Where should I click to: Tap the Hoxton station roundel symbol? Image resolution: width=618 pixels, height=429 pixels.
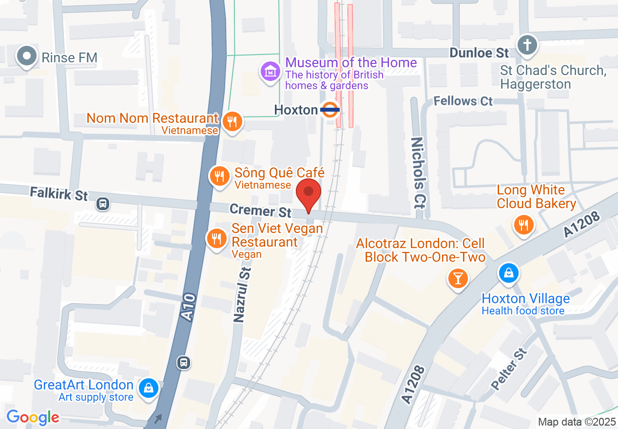pos(330,110)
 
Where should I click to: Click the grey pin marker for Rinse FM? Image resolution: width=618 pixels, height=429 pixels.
pos(27,57)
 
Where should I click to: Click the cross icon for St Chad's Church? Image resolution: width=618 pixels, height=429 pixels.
pos(527,45)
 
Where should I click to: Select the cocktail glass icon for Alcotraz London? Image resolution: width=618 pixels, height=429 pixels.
pos(458,278)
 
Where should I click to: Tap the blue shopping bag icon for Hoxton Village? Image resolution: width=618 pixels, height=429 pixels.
pos(508,273)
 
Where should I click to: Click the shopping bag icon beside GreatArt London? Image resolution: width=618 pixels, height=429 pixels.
pos(147,389)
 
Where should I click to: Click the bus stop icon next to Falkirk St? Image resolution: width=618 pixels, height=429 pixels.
pos(103,203)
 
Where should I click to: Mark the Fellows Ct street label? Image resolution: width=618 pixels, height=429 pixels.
pos(463,101)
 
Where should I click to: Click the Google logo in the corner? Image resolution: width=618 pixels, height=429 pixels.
pos(33,417)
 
